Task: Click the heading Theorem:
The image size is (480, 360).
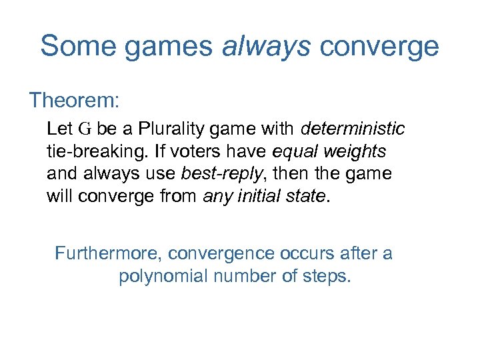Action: pyautogui.click(x=74, y=101)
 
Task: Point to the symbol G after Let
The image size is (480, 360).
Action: pyautogui.click(x=84, y=128)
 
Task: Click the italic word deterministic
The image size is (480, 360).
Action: pyautogui.click(x=353, y=128)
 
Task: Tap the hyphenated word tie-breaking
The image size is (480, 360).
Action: pyautogui.click(x=95, y=151)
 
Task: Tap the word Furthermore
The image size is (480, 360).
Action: pyautogui.click(x=108, y=253)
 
